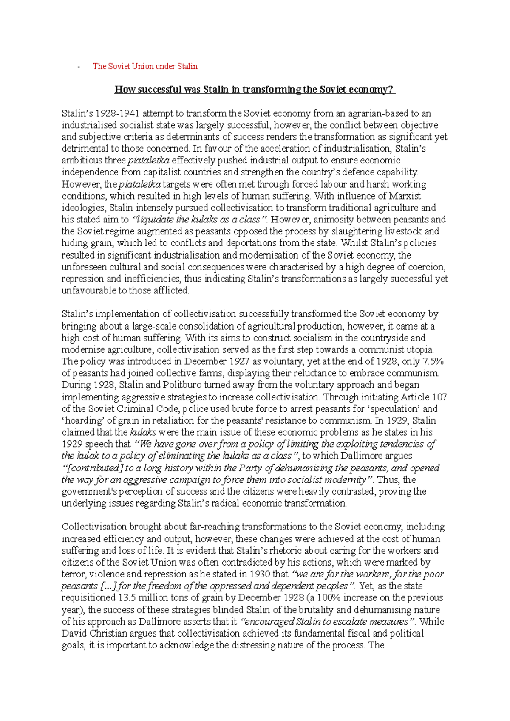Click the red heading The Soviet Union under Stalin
point(145,66)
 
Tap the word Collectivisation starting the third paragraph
point(94,527)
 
